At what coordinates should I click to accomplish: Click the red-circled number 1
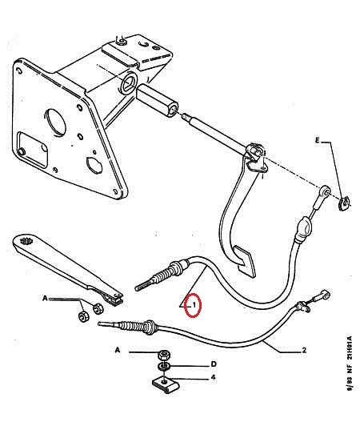click(x=194, y=305)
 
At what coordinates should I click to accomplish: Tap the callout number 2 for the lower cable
click(x=304, y=350)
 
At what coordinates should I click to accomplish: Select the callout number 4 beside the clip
click(x=214, y=377)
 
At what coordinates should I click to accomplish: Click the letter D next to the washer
click(x=214, y=364)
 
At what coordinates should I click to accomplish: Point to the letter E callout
click(x=318, y=140)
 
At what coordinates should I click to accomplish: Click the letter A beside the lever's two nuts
click(x=45, y=298)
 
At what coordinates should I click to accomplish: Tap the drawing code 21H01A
click(x=350, y=348)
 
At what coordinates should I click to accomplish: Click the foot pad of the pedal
click(x=246, y=261)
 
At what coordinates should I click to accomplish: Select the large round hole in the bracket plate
click(x=55, y=122)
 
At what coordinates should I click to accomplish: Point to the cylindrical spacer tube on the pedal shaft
click(x=157, y=100)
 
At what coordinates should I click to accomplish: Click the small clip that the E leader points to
click(x=344, y=203)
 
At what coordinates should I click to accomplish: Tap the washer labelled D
click(x=164, y=367)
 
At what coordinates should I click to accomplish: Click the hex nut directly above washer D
click(x=164, y=354)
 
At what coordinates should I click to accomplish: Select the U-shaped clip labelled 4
click(x=165, y=384)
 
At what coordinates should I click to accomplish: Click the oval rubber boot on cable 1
click(x=303, y=229)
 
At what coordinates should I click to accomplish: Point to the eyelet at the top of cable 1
click(x=326, y=191)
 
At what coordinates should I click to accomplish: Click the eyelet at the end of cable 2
click(x=326, y=295)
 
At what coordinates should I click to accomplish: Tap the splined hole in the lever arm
click(x=26, y=241)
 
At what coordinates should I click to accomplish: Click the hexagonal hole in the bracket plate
click(x=94, y=165)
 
